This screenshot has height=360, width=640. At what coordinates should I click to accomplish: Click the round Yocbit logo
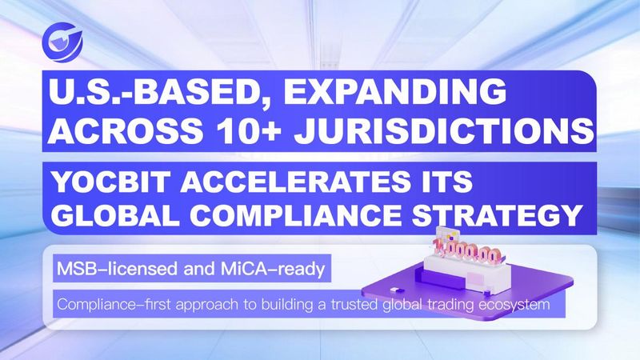pyautogui.click(x=62, y=42)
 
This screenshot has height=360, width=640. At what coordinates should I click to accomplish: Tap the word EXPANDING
pyautogui.click(x=395, y=91)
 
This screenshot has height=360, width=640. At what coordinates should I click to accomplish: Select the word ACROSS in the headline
pyautogui.click(x=126, y=130)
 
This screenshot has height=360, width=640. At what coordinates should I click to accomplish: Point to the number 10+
pyautogui.click(x=248, y=130)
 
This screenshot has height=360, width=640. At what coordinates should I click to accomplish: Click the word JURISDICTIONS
pyautogui.click(x=444, y=130)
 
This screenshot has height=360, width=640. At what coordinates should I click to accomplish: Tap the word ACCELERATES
pyautogui.click(x=291, y=182)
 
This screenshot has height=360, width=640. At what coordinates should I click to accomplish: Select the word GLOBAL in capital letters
pyautogui.click(x=115, y=214)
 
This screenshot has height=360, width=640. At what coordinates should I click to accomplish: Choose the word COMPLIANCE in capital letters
pyautogui.click(x=295, y=214)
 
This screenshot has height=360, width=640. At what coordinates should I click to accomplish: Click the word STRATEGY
pyautogui.click(x=497, y=214)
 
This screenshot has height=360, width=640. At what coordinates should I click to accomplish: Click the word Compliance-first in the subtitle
pyautogui.click(x=114, y=305)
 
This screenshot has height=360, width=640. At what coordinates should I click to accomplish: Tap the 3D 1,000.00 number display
pyautogui.click(x=467, y=253)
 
